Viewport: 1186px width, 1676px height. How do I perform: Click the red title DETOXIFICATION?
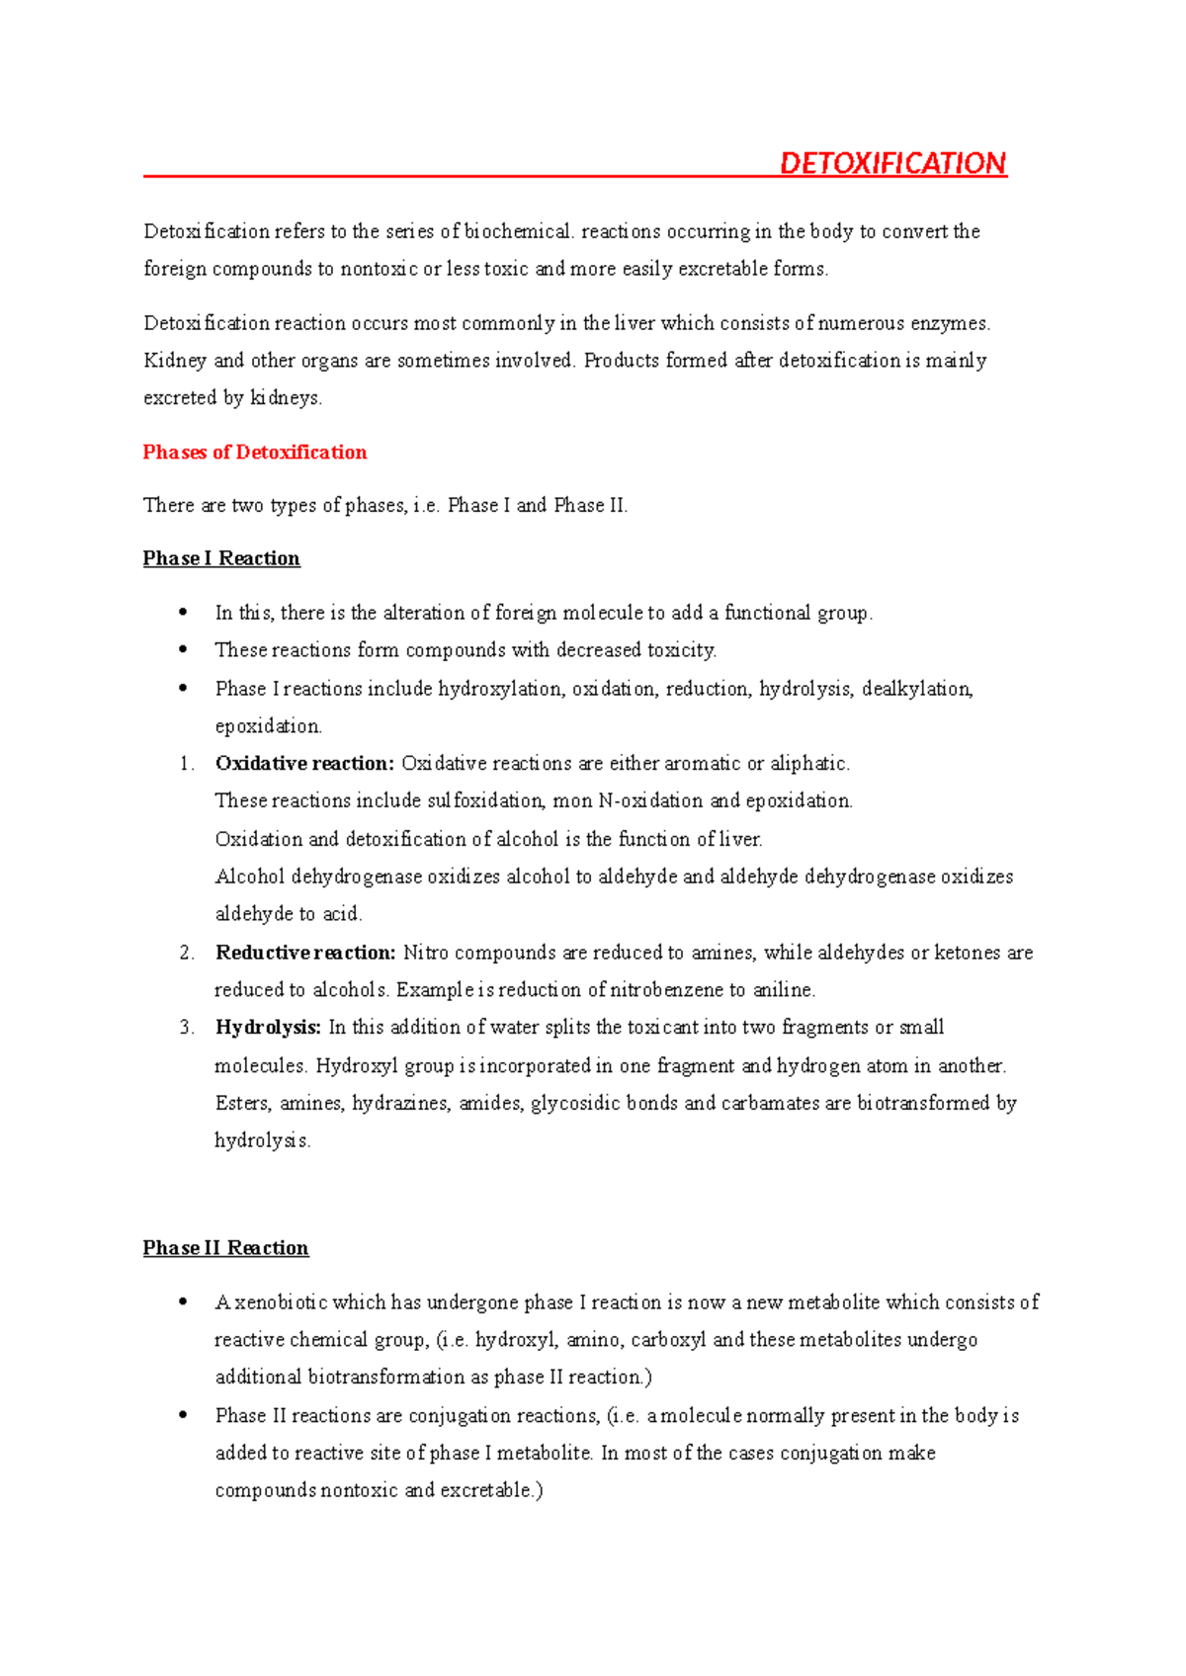pos(892,163)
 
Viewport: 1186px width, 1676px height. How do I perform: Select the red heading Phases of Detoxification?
pos(255,453)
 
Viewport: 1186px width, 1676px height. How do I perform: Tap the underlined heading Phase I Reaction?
pos(221,558)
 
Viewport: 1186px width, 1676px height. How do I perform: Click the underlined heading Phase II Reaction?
pos(225,1248)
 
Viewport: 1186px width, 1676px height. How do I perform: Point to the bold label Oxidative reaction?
pos(304,764)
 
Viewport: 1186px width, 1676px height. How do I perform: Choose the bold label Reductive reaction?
pos(305,953)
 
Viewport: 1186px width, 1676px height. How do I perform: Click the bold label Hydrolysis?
pos(268,1028)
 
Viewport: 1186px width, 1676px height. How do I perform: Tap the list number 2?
pos(187,953)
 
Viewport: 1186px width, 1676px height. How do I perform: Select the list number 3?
pos(187,1028)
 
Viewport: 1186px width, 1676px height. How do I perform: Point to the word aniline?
pos(784,990)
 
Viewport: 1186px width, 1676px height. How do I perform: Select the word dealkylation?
pos(917,689)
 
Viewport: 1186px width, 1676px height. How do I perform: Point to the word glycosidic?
pos(575,1103)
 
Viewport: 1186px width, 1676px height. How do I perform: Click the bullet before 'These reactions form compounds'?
pos(183,650)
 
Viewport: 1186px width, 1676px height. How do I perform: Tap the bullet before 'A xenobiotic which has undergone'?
pos(183,1302)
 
